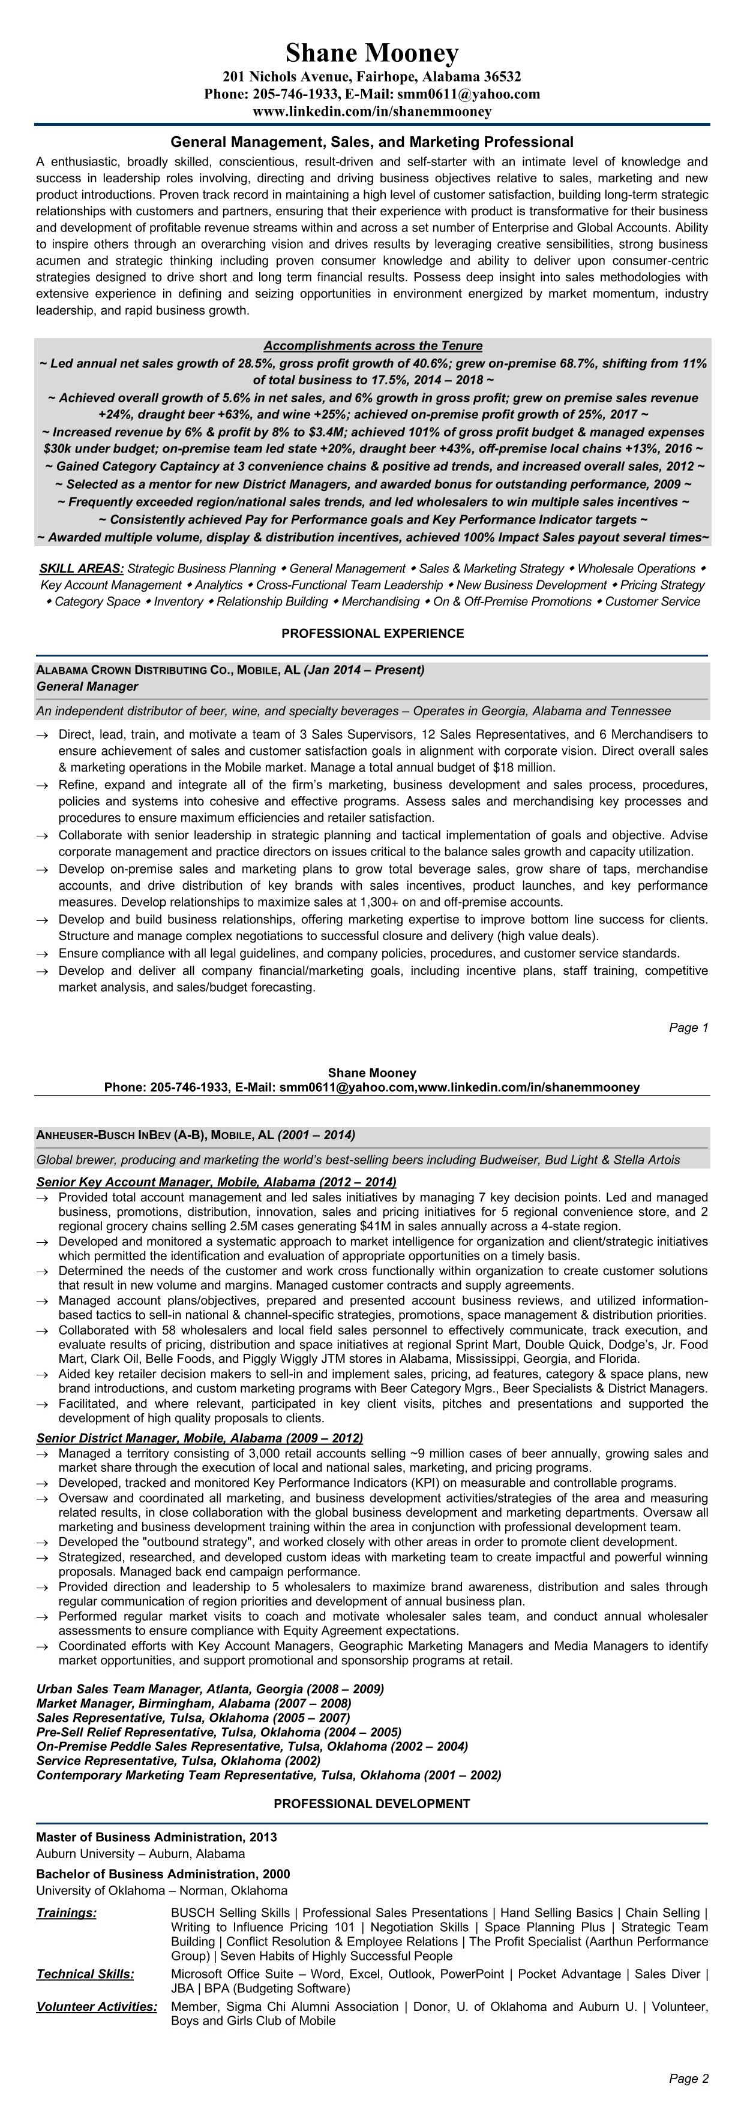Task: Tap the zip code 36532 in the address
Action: (x=502, y=77)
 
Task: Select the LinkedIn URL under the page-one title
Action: (x=371, y=111)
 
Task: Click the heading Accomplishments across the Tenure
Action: (x=373, y=346)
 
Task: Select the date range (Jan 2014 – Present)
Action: (x=364, y=670)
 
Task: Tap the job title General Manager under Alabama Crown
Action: (x=88, y=686)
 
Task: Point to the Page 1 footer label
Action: (x=688, y=1028)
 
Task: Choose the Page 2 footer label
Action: (x=688, y=2077)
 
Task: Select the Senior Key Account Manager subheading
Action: (x=215, y=1182)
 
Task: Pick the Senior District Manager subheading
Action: (x=199, y=1438)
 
